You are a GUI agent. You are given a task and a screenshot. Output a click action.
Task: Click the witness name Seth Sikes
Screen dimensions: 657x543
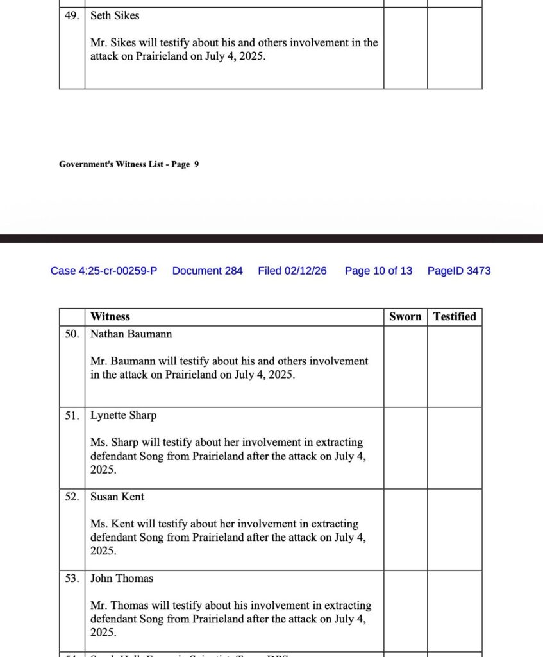click(114, 15)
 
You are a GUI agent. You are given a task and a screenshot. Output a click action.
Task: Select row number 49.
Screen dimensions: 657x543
click(71, 15)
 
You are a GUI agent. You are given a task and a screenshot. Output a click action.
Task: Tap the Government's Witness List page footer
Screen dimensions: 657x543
click(129, 164)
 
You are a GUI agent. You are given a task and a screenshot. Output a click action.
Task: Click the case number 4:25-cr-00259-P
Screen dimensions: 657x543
click(104, 271)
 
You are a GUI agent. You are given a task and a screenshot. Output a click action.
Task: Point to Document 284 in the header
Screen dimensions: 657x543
click(208, 271)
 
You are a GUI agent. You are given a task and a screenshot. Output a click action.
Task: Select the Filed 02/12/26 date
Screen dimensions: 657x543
click(292, 271)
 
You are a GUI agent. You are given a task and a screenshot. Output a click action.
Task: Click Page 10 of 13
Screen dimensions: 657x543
click(378, 271)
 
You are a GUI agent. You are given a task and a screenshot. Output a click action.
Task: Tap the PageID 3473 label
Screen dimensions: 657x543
click(459, 271)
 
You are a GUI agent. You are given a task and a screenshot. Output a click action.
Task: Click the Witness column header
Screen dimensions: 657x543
click(110, 316)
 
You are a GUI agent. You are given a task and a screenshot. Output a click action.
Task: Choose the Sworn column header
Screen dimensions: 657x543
click(405, 316)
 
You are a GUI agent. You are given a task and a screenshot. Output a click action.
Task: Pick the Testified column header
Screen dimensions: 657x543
click(455, 316)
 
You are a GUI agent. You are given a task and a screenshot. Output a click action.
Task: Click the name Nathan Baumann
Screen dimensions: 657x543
click(131, 334)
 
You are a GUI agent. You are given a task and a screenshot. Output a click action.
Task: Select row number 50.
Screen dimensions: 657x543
click(72, 334)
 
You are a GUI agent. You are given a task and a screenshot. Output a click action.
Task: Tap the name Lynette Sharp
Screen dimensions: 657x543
click(123, 415)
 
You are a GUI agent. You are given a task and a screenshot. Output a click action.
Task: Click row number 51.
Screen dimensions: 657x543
click(72, 415)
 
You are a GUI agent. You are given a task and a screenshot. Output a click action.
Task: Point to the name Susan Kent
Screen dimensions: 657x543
click(117, 497)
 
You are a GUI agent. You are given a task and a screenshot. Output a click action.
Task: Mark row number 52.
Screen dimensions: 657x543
click(72, 497)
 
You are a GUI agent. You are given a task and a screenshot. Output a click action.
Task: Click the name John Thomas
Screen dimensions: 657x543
click(122, 578)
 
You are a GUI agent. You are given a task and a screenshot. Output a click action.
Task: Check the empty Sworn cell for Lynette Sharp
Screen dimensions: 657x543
click(405, 448)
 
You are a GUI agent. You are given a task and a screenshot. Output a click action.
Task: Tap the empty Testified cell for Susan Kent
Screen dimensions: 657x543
click(455, 529)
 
